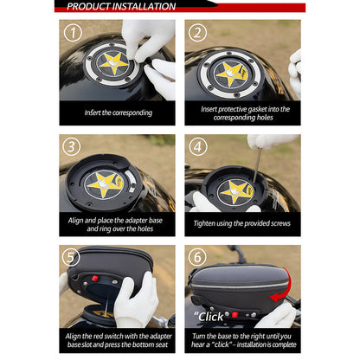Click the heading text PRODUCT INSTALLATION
121,7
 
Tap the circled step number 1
74,34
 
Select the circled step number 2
199,34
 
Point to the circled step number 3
74,147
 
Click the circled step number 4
199,147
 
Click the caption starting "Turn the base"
242,338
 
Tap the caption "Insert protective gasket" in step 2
242,112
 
